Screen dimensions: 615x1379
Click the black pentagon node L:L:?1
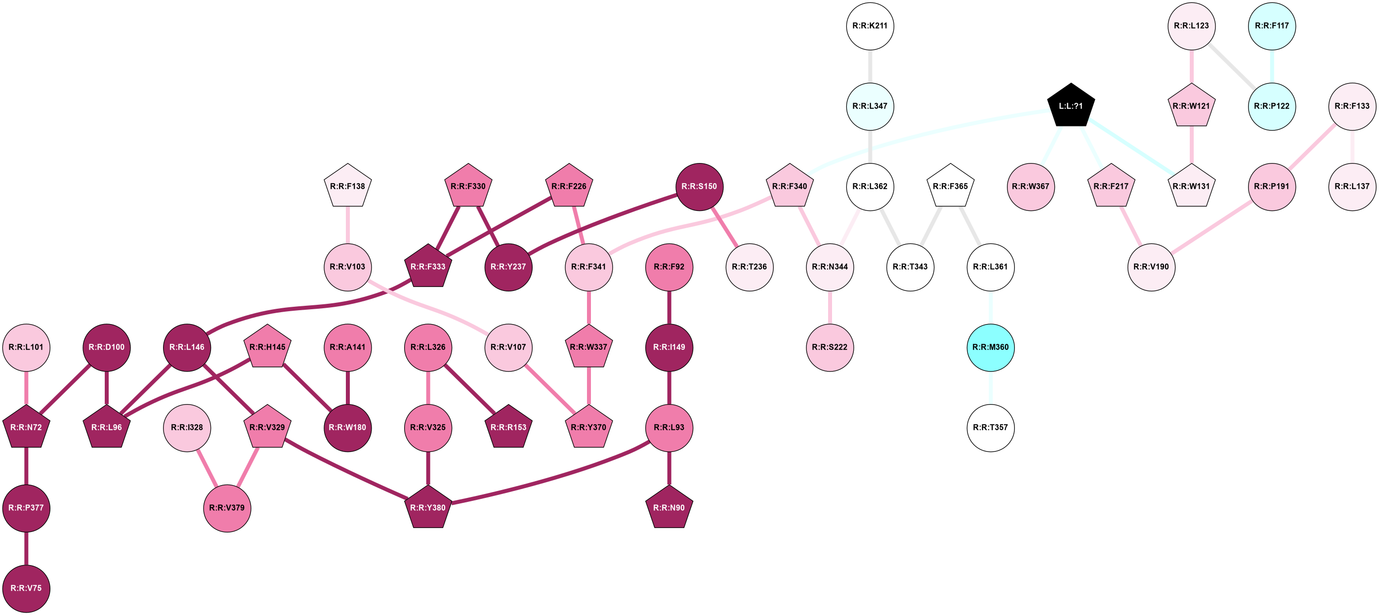coord(1071,106)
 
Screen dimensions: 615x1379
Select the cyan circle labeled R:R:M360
coord(990,347)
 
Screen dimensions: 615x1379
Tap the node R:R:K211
coord(870,26)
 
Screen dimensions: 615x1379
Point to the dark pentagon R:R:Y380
coord(428,507)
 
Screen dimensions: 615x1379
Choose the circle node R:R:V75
coord(26,588)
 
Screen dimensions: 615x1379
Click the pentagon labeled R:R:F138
coord(348,186)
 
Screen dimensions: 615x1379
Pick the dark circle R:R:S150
coord(700,186)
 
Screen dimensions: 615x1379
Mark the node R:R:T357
coord(990,428)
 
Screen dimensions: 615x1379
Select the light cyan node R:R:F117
coord(1272,26)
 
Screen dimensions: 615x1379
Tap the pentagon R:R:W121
coord(1191,106)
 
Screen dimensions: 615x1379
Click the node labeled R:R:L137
coord(1352,186)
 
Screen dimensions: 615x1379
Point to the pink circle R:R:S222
coord(830,347)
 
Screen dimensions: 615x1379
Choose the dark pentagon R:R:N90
coord(669,507)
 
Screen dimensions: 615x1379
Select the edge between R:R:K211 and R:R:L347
coord(870,66)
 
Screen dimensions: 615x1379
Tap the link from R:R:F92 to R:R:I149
coord(669,307)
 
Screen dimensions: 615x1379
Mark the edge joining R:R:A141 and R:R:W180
coord(348,387)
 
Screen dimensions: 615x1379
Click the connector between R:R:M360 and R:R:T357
coord(990,387)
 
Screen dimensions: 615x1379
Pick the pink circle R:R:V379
coord(227,508)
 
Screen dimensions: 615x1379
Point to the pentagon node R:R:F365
coord(950,186)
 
